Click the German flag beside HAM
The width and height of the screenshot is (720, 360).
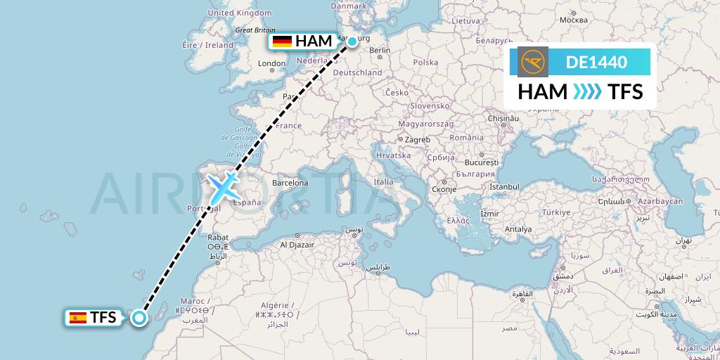(x=282, y=41)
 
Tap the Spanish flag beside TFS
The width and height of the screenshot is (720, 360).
(x=77, y=318)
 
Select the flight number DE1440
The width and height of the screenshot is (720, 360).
(x=596, y=62)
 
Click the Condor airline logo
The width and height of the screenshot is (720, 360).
(x=532, y=62)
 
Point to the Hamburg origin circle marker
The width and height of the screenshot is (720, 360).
(x=352, y=41)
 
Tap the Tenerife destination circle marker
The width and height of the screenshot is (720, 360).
(x=139, y=318)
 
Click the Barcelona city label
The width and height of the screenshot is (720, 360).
(x=290, y=183)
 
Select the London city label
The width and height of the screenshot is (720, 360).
(x=271, y=63)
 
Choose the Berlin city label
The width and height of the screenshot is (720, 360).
(x=379, y=50)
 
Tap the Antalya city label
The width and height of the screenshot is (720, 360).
(x=518, y=229)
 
